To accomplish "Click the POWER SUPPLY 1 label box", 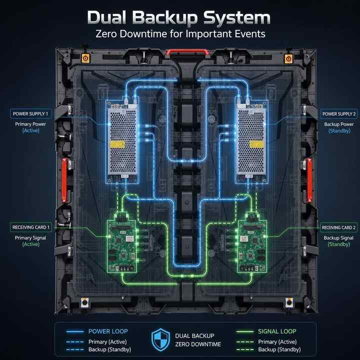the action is (x=31, y=113).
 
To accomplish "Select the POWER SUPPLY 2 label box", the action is (x=339, y=114).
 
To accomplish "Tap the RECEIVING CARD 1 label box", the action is (x=31, y=227).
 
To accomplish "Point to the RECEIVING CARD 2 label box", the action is (x=338, y=227).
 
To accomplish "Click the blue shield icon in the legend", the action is (x=160, y=340).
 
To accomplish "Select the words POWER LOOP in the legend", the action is (x=108, y=331).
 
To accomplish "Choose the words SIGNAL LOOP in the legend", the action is (x=277, y=331).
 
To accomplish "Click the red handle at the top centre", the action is (x=187, y=52).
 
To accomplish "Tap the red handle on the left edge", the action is (x=64, y=180).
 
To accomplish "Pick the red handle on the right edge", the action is (x=309, y=180).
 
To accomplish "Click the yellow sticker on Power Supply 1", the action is (x=117, y=144).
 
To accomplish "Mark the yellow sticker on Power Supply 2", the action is (x=256, y=144).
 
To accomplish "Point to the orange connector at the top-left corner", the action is (x=85, y=58).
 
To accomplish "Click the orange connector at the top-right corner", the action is (x=288, y=59).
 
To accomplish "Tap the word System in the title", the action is (x=237, y=18).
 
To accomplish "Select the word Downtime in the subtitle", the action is (x=143, y=34).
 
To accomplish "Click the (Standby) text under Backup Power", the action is (x=339, y=131).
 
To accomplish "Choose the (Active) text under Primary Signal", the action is (x=31, y=244).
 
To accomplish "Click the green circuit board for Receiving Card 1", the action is (x=122, y=246).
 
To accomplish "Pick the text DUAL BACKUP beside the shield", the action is (x=194, y=336).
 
